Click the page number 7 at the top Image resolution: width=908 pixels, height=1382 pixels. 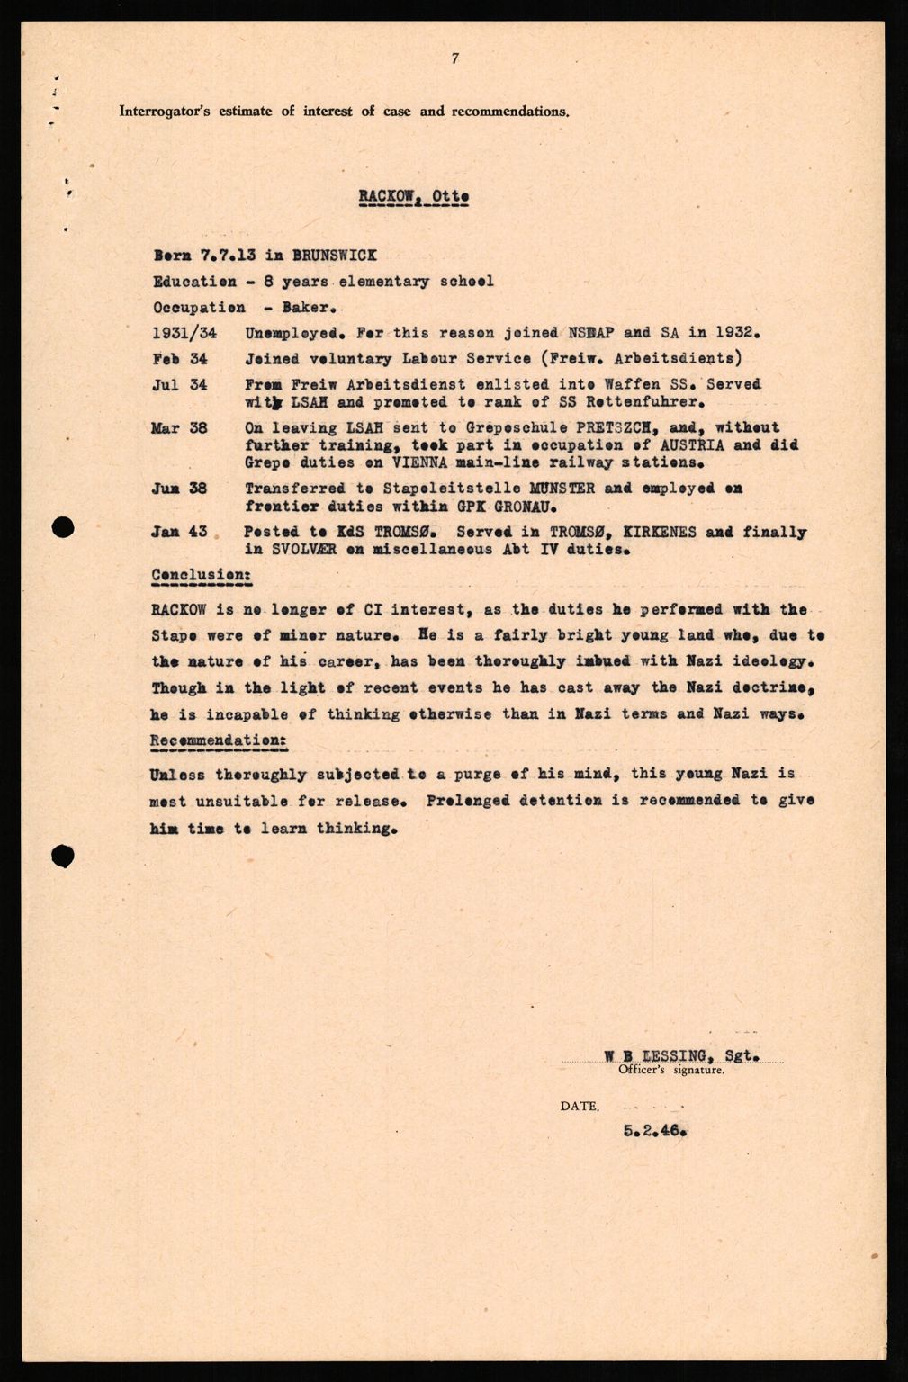point(455,59)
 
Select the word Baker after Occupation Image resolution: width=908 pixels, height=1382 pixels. point(281,307)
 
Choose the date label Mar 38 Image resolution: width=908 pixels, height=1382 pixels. point(180,427)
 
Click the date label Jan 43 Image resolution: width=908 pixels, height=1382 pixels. point(180,532)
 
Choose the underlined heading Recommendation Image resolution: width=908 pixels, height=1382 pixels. point(219,740)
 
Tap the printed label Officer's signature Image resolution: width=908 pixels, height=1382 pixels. point(670,1071)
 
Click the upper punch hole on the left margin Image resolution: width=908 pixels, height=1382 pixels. point(62,529)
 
